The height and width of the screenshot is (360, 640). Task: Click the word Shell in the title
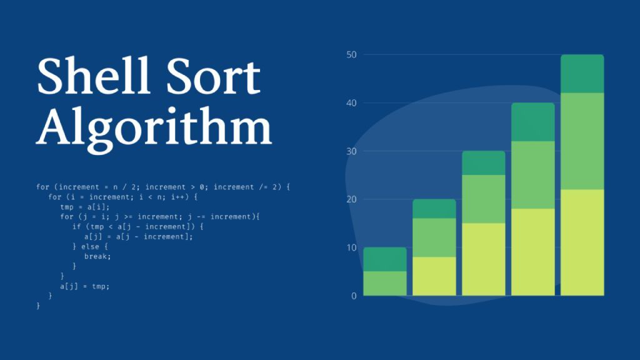tap(93, 76)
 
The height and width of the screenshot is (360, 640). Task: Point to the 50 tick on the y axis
tap(351, 55)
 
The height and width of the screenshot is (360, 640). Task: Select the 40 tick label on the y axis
tap(351, 103)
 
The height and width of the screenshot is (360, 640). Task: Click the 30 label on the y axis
tap(351, 151)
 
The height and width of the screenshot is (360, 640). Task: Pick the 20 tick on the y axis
tap(351, 199)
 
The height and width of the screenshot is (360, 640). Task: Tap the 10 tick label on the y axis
tap(351, 247)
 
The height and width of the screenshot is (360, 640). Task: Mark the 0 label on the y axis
tap(354, 296)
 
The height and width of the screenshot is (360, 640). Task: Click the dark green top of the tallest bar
tap(582, 74)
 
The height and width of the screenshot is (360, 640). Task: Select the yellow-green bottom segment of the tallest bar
tap(582, 242)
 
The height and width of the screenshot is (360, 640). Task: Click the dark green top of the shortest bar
tap(385, 259)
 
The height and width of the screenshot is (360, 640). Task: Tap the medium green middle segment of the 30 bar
tap(483, 199)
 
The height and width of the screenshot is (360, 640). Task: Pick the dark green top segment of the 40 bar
tap(532, 122)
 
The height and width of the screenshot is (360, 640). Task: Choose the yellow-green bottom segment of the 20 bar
tap(434, 276)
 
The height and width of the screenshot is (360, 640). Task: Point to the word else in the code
tap(90, 246)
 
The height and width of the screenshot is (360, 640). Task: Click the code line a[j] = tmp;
tap(85, 286)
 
